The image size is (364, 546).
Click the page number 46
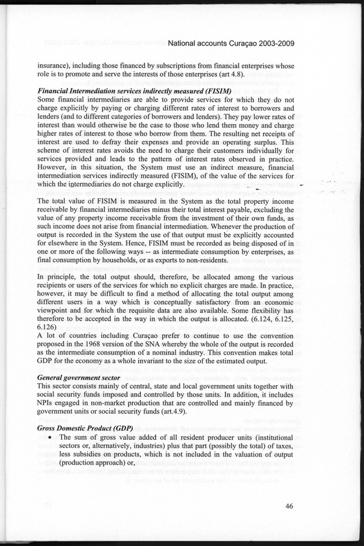click(291, 507)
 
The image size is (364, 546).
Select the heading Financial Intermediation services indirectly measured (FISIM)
click(134, 91)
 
